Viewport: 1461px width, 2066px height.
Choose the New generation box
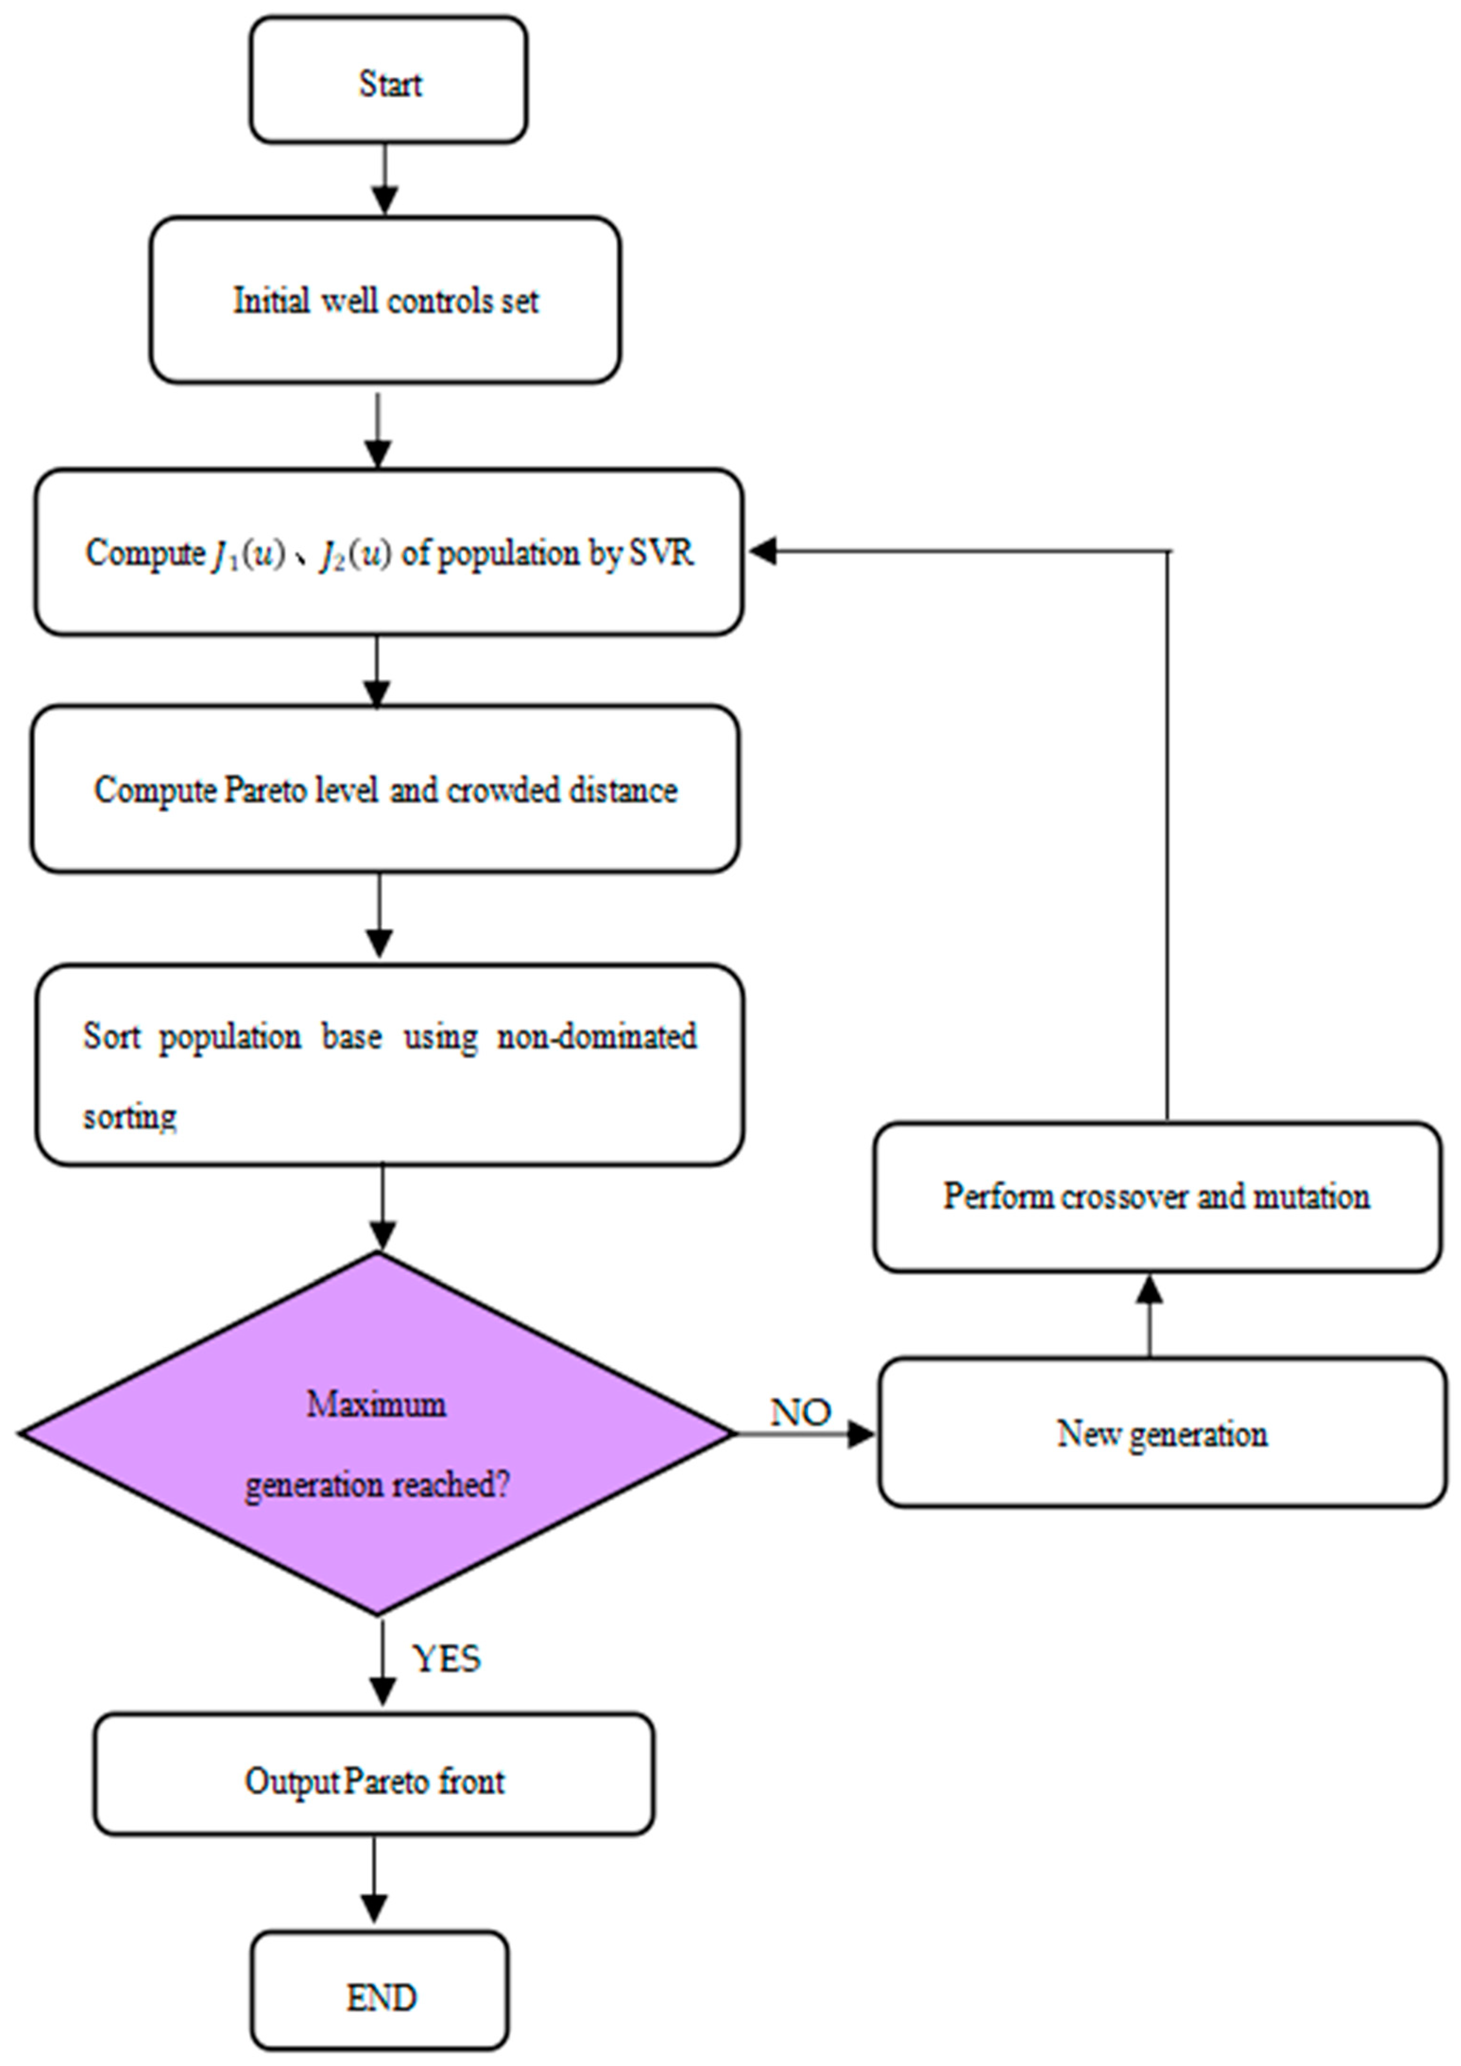pos(1161,1433)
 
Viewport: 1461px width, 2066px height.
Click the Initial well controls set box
pos(385,300)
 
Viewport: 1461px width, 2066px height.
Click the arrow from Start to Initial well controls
pos(385,180)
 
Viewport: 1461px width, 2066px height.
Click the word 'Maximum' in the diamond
pos(376,1404)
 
